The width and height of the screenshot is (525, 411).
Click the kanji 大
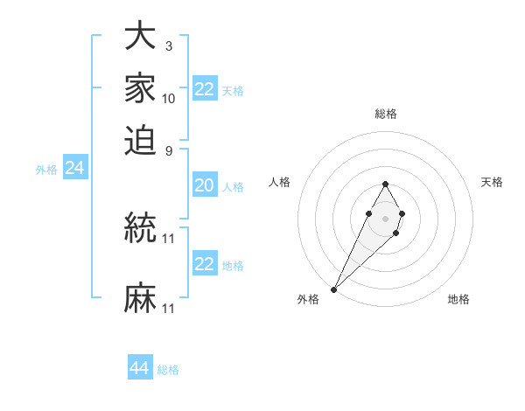pyautogui.click(x=140, y=38)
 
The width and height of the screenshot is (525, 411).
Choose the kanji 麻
pyautogui.click(x=140, y=298)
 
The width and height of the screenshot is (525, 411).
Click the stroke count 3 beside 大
pyautogui.click(x=169, y=46)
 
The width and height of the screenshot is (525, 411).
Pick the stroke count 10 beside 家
pyautogui.click(x=169, y=99)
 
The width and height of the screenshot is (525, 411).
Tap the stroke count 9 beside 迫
pyautogui.click(x=169, y=150)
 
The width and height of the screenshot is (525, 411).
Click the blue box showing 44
pyautogui.click(x=140, y=368)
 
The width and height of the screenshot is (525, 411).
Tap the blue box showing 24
pyautogui.click(x=75, y=169)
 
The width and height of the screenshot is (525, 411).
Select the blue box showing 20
pyautogui.click(x=204, y=185)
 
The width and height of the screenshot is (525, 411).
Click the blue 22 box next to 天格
pyautogui.click(x=204, y=89)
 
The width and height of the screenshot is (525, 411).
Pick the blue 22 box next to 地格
pyautogui.click(x=204, y=264)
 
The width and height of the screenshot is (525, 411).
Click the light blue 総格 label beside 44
pyautogui.click(x=168, y=370)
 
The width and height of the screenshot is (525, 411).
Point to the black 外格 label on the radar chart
pyautogui.click(x=308, y=300)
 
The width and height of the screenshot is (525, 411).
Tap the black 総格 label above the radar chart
pyautogui.click(x=385, y=114)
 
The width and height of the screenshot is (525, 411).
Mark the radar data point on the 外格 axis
pyautogui.click(x=334, y=289)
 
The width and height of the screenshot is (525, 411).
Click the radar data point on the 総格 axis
pyautogui.click(x=385, y=184)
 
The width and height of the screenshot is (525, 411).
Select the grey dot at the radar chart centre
pyautogui.click(x=385, y=218)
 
